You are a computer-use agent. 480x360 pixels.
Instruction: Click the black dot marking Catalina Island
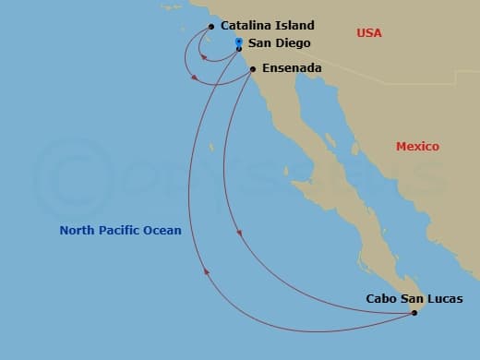[x=211, y=27]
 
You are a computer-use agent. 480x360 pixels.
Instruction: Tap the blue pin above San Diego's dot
[x=238, y=42]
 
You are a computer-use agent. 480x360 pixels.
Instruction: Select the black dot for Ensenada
[x=253, y=68]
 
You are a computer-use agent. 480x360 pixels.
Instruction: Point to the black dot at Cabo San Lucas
[x=414, y=313]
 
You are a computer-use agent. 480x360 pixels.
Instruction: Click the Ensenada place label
[x=292, y=68]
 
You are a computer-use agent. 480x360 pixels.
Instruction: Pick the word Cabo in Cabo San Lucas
[x=381, y=298]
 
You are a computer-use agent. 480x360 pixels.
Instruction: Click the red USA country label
[x=369, y=33]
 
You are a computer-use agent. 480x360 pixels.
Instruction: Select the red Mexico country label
[x=417, y=147]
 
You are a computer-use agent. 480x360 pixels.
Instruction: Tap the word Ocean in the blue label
[x=163, y=231]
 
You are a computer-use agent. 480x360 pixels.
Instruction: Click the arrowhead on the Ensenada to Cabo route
[x=240, y=233]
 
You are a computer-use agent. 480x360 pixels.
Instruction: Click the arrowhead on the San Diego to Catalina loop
[x=204, y=57]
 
